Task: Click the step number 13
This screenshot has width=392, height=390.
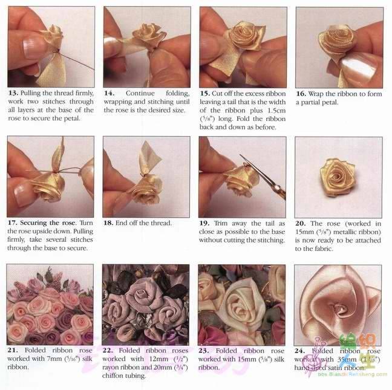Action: click(13, 93)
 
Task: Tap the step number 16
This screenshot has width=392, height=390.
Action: click(301, 94)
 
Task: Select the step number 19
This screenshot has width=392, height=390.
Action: click(204, 223)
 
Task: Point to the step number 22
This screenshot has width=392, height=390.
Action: click(108, 350)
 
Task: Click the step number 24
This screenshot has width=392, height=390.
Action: click(299, 351)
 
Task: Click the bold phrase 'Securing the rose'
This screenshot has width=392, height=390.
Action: click(48, 223)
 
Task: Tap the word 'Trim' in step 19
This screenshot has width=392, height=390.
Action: click(220, 223)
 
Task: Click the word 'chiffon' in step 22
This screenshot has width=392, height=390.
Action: click(113, 375)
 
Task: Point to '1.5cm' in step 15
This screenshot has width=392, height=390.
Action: click(276, 110)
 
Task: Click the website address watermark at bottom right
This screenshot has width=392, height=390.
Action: click(353, 374)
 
